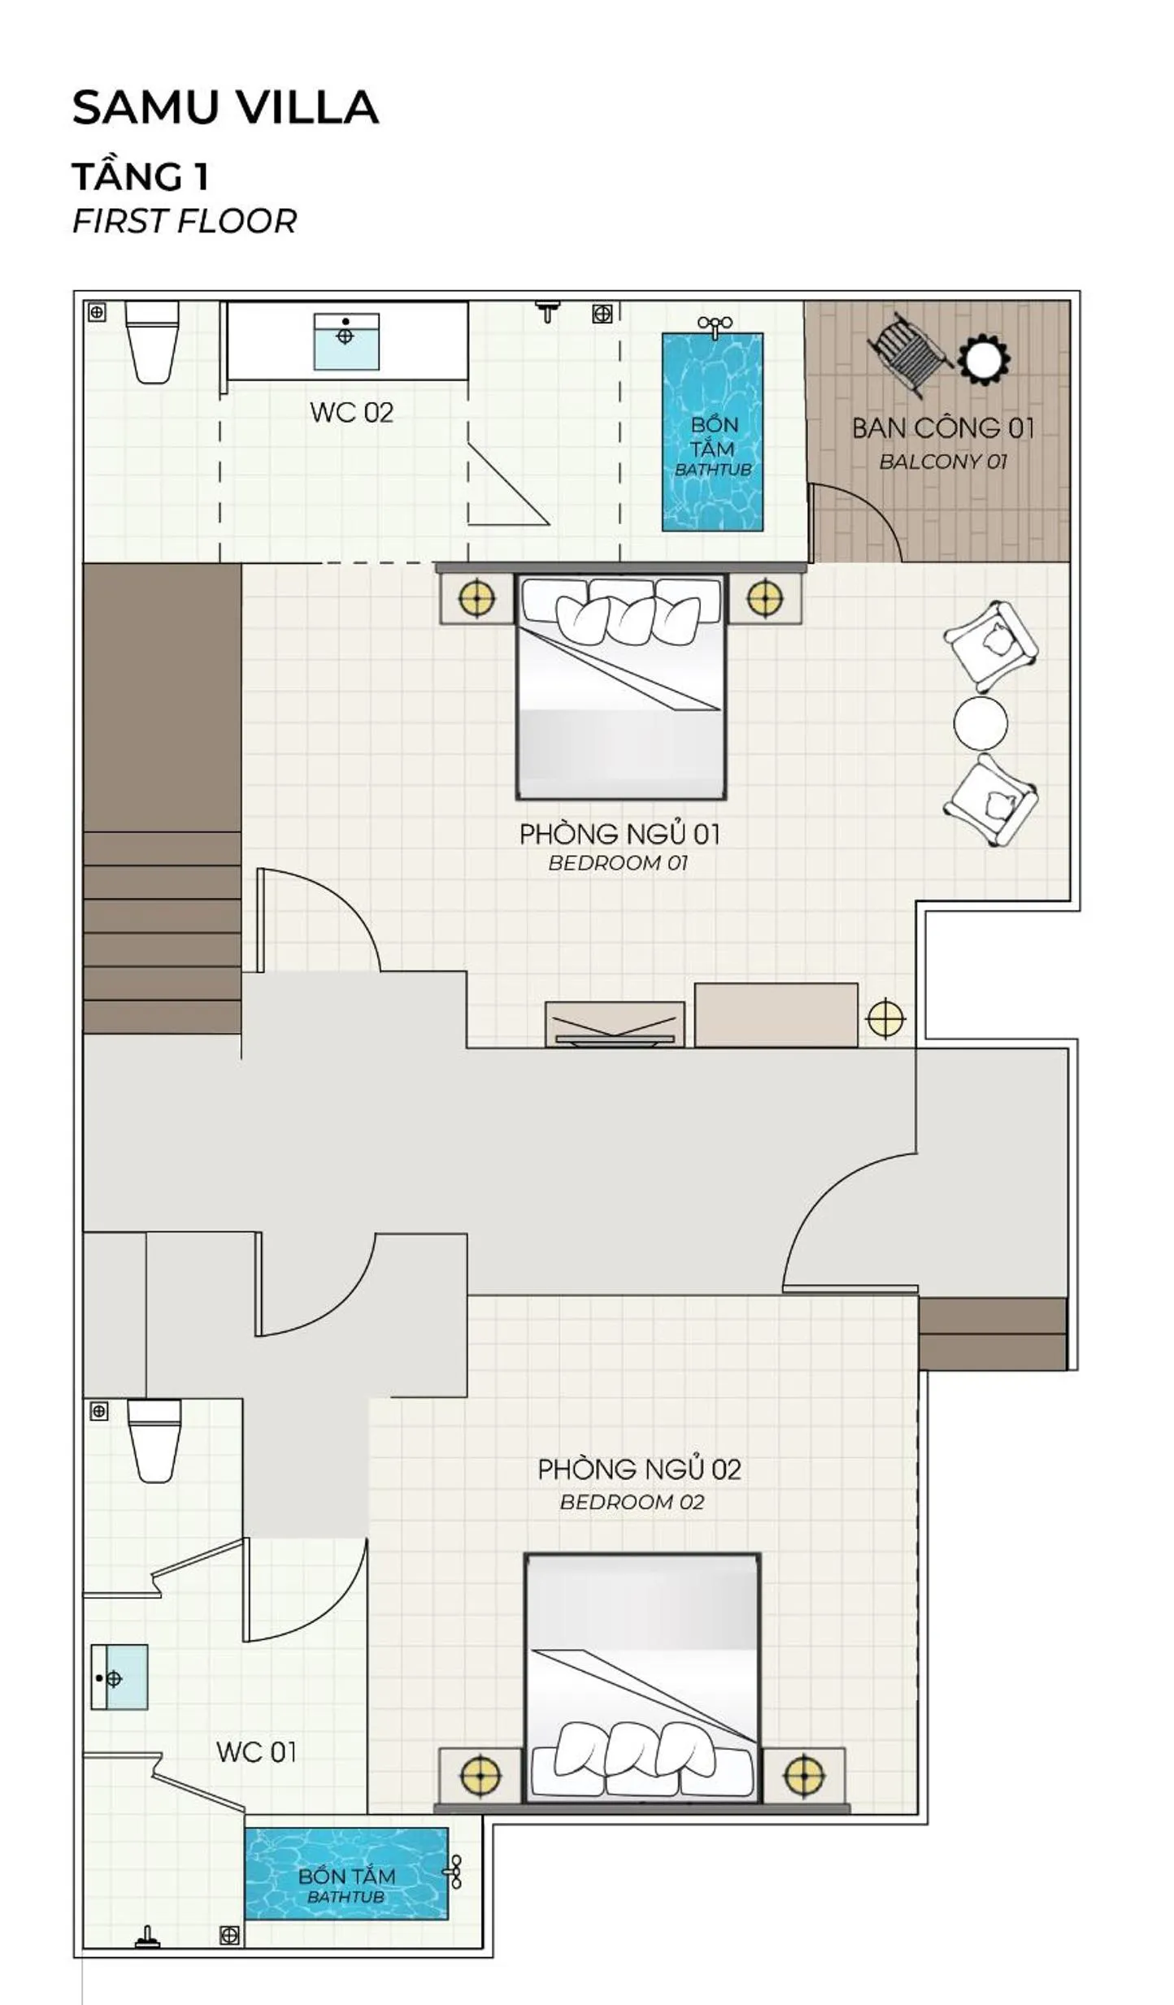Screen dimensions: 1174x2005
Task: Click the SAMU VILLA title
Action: (x=225, y=107)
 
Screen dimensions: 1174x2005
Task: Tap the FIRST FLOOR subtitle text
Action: (x=185, y=221)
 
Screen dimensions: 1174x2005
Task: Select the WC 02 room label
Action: (x=351, y=412)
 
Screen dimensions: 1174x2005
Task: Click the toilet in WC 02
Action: (x=152, y=341)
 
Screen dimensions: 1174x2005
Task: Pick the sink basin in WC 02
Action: (x=346, y=341)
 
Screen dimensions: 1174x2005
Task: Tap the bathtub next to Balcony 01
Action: (x=712, y=432)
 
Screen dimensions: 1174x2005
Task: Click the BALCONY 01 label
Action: (x=943, y=462)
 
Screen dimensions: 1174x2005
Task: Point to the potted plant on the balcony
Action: (x=984, y=358)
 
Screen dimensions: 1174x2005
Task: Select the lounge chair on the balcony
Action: (x=908, y=354)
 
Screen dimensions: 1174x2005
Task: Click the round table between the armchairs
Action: (x=981, y=723)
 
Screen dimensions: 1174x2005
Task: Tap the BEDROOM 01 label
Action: (x=618, y=863)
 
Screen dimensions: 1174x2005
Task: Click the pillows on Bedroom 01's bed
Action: (x=621, y=610)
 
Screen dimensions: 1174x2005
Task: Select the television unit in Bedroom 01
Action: (x=615, y=1025)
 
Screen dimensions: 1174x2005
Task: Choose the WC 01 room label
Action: (x=256, y=1751)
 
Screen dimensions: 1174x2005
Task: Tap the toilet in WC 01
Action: (x=154, y=1440)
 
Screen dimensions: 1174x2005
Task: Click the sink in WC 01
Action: (x=120, y=1677)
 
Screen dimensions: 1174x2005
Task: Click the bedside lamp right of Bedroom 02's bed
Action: (x=804, y=1775)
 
